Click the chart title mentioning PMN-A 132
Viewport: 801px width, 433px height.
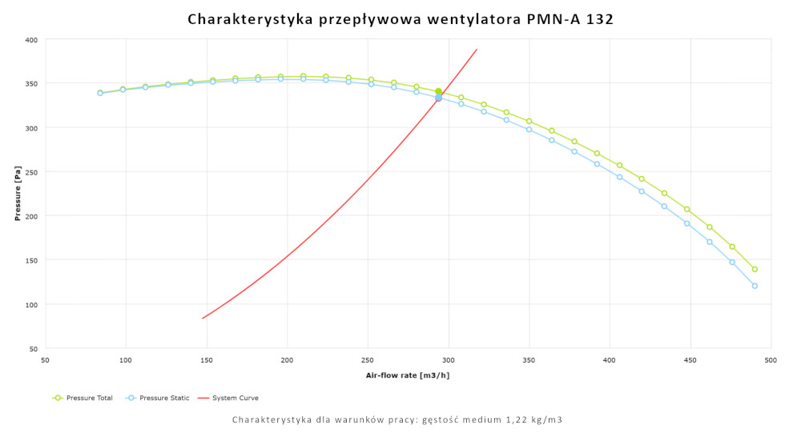coord(400,18)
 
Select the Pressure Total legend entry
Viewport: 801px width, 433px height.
coord(83,398)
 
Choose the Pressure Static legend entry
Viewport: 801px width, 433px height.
coord(158,398)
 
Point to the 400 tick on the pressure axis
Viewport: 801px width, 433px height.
coord(30,39)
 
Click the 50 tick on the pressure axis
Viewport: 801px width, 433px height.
coord(33,349)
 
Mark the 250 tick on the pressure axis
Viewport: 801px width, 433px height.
coord(30,172)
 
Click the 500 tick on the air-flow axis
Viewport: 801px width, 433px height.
coord(771,359)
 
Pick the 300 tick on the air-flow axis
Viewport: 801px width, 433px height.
coord(449,359)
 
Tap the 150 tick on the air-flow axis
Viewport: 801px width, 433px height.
coord(207,359)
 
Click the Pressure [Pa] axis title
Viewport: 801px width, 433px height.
coord(18,194)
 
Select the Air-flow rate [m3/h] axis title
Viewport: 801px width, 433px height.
coord(407,375)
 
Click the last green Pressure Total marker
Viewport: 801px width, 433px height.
coord(755,269)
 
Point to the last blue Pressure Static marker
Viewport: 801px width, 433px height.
coord(755,286)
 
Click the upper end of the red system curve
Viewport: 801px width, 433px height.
coord(477,50)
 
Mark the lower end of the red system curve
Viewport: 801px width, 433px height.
coord(203,319)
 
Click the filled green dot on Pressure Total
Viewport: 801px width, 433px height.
coord(438,92)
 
